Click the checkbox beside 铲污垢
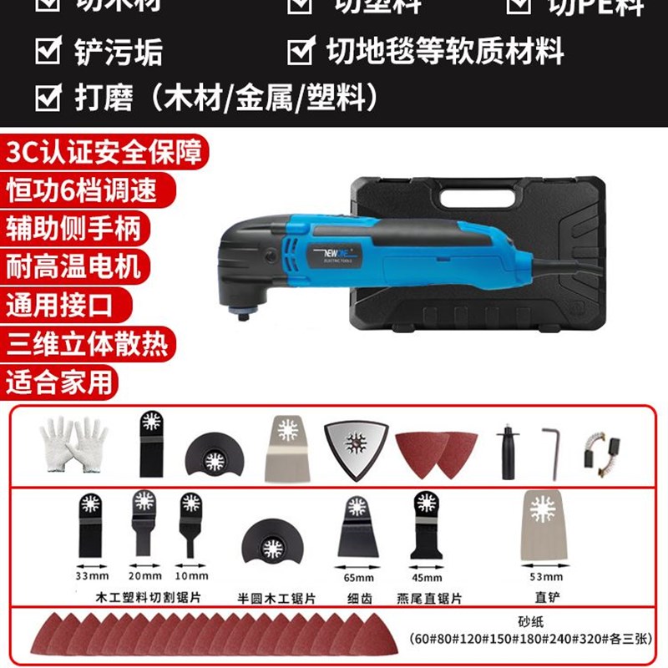(x=48, y=53)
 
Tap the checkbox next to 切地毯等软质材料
(x=300, y=53)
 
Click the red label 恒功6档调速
(x=81, y=190)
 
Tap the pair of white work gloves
(x=73, y=443)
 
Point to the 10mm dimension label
(x=191, y=576)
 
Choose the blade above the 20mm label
(x=144, y=524)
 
